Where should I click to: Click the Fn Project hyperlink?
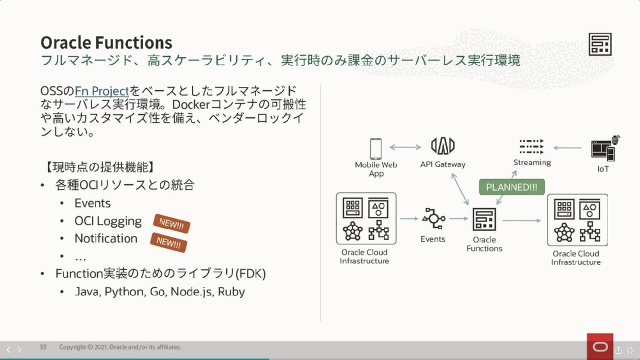pyautogui.click(x=102, y=91)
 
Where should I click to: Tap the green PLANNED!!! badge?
pyautogui.click(x=512, y=187)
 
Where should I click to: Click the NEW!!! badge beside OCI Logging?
pyautogui.click(x=171, y=224)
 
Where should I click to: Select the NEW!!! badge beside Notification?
pyautogui.click(x=168, y=243)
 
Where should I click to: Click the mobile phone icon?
pyautogui.click(x=376, y=149)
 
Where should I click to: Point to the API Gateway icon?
pyautogui.click(x=443, y=146)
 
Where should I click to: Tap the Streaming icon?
pyautogui.click(x=531, y=147)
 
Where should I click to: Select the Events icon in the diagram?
pyautogui.click(x=433, y=219)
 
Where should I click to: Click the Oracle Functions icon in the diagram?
pyautogui.click(x=484, y=220)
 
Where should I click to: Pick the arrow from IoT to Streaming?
pyautogui.click(x=568, y=148)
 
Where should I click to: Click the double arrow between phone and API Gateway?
pyautogui.click(x=406, y=147)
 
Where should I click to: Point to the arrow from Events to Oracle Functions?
pyautogui.click(x=459, y=219)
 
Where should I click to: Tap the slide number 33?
pyautogui.click(x=43, y=347)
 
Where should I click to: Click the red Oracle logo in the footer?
pyautogui.click(x=600, y=347)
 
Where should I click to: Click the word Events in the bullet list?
pyautogui.click(x=93, y=203)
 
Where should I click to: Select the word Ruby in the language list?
pyautogui.click(x=231, y=292)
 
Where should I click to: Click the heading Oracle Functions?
pyautogui.click(x=106, y=42)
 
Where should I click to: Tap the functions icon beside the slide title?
pyautogui.click(x=600, y=44)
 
